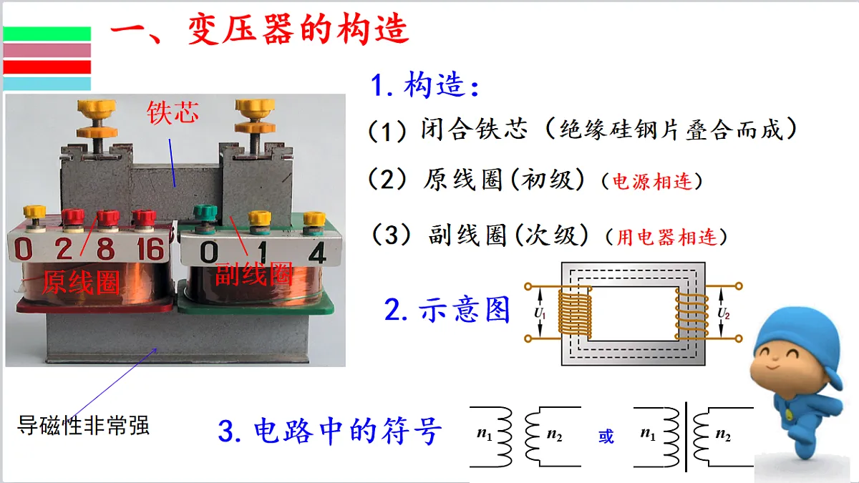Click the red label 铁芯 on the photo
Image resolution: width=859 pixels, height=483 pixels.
[x=173, y=113]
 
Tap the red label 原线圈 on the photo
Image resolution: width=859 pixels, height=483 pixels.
[x=81, y=283]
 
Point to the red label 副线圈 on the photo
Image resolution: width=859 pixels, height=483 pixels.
[x=254, y=273]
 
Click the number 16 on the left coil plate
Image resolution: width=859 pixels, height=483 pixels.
[x=150, y=249]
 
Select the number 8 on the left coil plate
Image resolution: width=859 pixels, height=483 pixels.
[x=105, y=249]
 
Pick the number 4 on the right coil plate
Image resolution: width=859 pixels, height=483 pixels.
[x=317, y=253]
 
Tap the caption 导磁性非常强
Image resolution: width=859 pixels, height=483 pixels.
[x=83, y=425]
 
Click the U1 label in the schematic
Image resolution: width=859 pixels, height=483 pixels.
[x=540, y=313]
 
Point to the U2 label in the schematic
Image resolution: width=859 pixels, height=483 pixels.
[x=724, y=313]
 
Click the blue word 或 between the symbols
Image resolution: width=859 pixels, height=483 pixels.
[x=606, y=436]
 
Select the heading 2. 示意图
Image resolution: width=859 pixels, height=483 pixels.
[x=447, y=309]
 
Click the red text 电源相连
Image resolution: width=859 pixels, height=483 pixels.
[x=652, y=181]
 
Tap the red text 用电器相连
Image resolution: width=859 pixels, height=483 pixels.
[x=667, y=237]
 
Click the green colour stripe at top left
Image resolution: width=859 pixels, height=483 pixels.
[x=47, y=34]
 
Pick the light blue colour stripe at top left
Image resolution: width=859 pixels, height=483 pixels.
[x=47, y=84]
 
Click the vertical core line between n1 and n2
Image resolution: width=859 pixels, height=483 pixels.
[x=686, y=436]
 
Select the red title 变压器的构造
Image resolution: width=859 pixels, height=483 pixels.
[x=298, y=29]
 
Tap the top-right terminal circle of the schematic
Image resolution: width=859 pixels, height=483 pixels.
[x=739, y=286]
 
